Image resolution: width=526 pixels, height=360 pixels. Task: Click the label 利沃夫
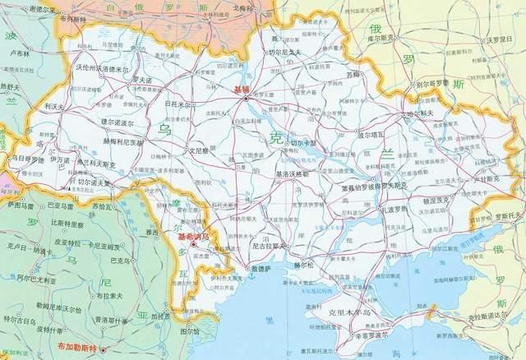pyautogui.click(x=55, y=107)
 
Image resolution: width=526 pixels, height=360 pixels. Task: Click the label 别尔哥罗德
pyautogui.click(x=431, y=84)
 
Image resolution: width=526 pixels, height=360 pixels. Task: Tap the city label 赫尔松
pyautogui.click(x=303, y=265)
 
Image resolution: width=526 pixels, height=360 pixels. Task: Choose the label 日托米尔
pyautogui.click(x=178, y=105)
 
